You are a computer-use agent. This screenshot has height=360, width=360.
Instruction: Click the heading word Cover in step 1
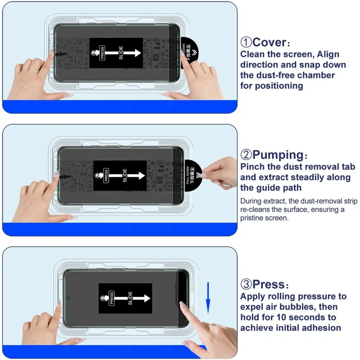click(x=269, y=43)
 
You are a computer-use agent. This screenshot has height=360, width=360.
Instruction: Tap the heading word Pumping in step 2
click(x=278, y=155)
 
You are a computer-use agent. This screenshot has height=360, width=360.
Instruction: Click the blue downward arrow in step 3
click(x=208, y=297)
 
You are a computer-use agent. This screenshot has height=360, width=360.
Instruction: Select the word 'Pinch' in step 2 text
click(x=254, y=167)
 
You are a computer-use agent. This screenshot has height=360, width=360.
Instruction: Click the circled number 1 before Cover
click(x=246, y=43)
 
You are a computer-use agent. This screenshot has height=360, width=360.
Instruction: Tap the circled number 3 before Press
click(x=246, y=284)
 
